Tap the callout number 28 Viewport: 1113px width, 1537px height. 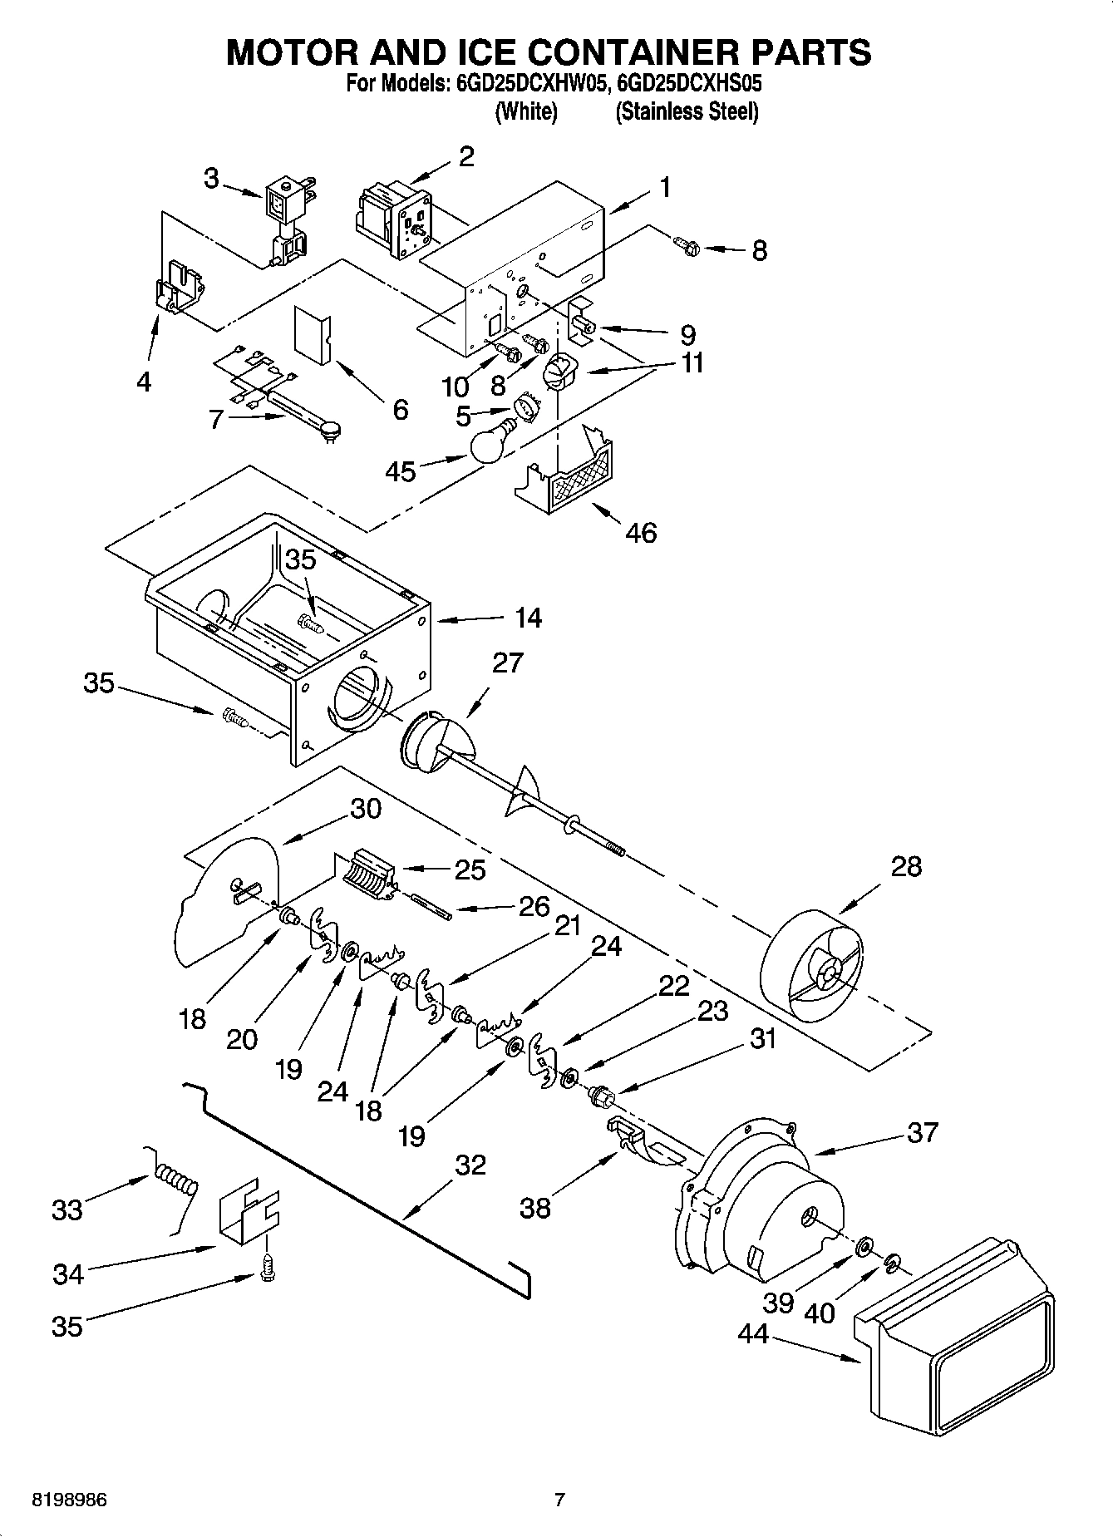[906, 866]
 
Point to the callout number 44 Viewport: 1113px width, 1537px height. [754, 1334]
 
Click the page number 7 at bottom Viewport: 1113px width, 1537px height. [559, 1500]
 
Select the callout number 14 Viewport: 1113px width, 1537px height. [528, 618]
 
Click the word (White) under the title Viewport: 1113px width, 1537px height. [525, 111]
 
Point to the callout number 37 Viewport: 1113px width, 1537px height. [922, 1132]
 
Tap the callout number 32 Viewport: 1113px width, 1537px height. [470, 1165]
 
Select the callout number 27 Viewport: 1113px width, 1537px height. [508, 663]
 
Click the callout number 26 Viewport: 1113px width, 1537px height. [534, 906]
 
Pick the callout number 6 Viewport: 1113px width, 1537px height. [401, 409]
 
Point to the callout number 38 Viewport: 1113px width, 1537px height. [535, 1208]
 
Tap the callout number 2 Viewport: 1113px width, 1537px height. [467, 156]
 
